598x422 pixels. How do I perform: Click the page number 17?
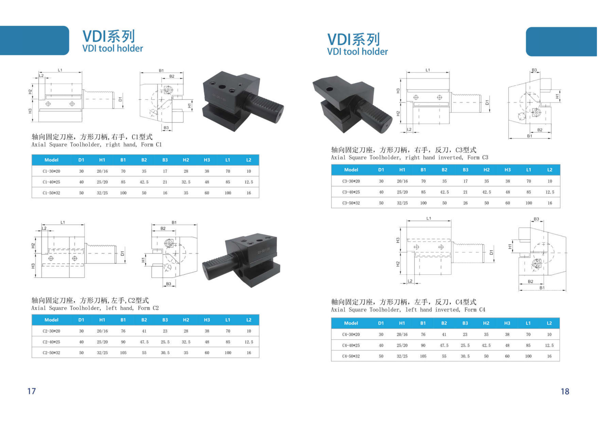[x=31, y=391]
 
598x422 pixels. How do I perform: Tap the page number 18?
[x=565, y=391]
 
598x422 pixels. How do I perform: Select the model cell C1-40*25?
[x=51, y=182]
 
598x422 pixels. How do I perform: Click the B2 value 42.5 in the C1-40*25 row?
[x=144, y=182]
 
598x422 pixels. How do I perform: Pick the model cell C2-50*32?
[x=51, y=353]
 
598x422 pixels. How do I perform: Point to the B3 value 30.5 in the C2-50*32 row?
[x=165, y=353]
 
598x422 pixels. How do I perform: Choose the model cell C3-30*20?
[x=351, y=181]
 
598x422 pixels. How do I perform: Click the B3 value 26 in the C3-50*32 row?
[x=465, y=203]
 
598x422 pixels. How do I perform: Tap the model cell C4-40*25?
[x=351, y=345]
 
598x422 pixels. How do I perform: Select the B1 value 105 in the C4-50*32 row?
[x=423, y=356]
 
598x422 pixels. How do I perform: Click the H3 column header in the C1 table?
[x=207, y=160]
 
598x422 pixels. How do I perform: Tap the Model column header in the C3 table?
[x=351, y=170]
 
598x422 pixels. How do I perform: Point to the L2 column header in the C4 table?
[x=549, y=323]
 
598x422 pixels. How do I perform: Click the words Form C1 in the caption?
[x=151, y=145]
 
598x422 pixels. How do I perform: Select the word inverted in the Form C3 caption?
[x=450, y=158]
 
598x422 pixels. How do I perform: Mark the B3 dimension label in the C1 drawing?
[x=166, y=128]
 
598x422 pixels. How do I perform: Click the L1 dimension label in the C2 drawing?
[x=63, y=223]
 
